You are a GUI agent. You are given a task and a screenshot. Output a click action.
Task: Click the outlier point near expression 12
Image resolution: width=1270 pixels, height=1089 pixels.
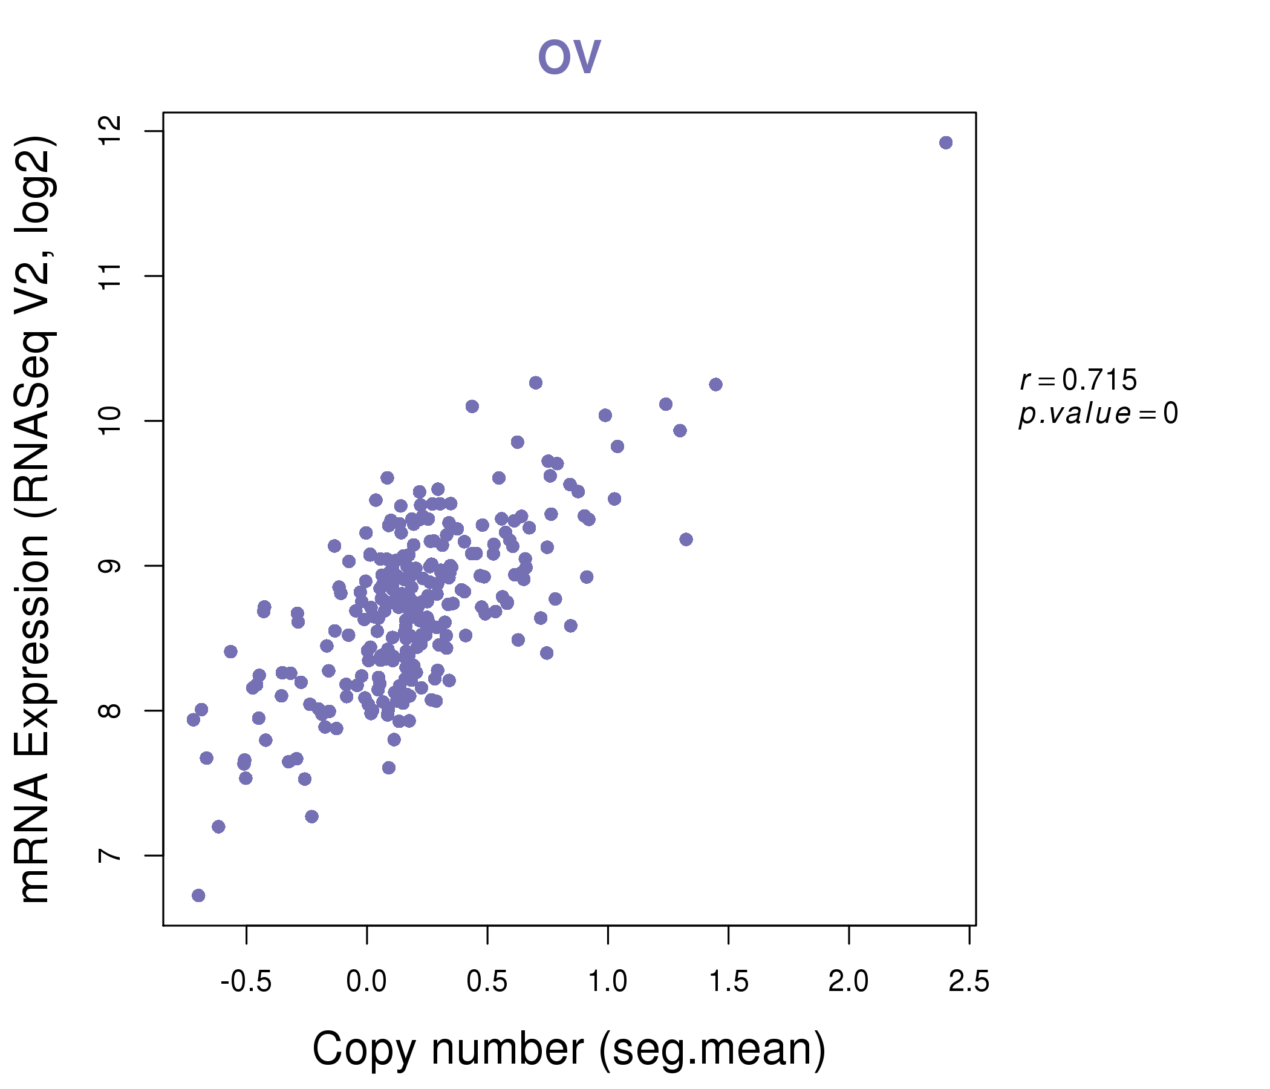point(945,143)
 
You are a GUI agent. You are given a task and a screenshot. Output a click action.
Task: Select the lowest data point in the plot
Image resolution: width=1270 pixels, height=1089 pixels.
point(198,895)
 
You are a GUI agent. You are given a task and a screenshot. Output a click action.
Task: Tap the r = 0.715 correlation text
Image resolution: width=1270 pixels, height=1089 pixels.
point(1078,380)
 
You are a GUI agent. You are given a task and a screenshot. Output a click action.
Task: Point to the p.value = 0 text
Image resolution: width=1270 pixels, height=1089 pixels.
point(1098,414)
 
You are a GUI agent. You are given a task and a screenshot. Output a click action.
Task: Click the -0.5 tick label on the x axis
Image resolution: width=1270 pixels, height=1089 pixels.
point(246,982)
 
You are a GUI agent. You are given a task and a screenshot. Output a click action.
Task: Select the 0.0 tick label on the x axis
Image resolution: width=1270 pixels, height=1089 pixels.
point(366,982)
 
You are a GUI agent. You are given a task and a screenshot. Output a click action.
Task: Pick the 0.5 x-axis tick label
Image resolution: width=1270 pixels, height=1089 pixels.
point(487,982)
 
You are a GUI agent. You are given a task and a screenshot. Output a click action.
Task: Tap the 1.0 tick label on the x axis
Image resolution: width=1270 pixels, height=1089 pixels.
point(607,982)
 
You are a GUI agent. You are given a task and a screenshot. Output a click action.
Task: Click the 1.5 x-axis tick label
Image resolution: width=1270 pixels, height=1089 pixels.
point(728,982)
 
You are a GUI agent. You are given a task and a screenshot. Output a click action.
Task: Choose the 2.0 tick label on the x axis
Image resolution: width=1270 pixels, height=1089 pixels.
point(848,982)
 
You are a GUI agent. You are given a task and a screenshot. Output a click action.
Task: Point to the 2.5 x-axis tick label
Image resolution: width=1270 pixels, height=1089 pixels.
point(968,982)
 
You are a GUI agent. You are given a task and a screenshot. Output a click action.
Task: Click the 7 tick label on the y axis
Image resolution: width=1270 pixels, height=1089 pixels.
point(110,855)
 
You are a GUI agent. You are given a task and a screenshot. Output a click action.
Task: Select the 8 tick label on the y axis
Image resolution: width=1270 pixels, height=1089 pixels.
point(110,711)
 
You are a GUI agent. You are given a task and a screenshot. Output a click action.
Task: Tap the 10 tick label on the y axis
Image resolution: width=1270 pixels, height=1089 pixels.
point(110,420)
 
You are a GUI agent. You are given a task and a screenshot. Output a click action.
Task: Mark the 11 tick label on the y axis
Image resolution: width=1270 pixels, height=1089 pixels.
point(110,276)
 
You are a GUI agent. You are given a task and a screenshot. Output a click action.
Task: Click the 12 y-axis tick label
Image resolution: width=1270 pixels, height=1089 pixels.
point(110,131)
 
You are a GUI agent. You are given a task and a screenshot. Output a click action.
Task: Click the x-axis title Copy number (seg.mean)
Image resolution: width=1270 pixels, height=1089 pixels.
point(569,1049)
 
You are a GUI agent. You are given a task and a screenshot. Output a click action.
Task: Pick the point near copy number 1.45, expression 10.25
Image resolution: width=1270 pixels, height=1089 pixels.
point(715,384)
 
